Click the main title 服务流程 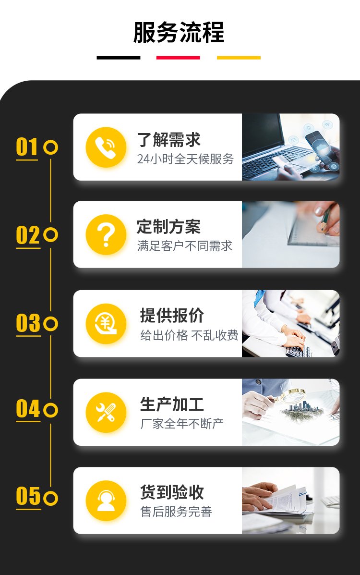point(179,33)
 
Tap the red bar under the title point(178,58)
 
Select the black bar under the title point(119,58)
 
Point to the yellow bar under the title point(239,58)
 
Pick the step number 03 point(28,323)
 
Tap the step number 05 point(28,496)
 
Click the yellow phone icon point(106,147)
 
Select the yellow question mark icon point(106,235)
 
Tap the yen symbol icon point(106,324)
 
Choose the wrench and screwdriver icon point(106,413)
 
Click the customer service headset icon point(106,501)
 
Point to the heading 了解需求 point(168,140)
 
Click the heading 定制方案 point(168,227)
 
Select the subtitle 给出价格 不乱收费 point(189,335)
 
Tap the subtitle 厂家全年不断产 point(182,424)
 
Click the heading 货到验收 point(172,492)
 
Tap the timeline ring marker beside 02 point(50,235)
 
